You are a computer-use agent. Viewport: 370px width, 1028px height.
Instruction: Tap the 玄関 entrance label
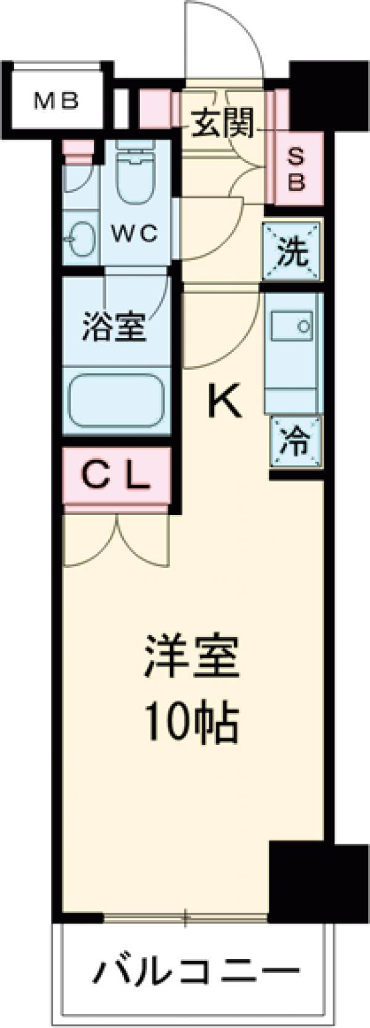click(x=223, y=123)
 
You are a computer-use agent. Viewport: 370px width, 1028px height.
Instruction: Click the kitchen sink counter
click(x=293, y=352)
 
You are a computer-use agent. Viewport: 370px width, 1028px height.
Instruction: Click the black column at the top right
click(x=314, y=93)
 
